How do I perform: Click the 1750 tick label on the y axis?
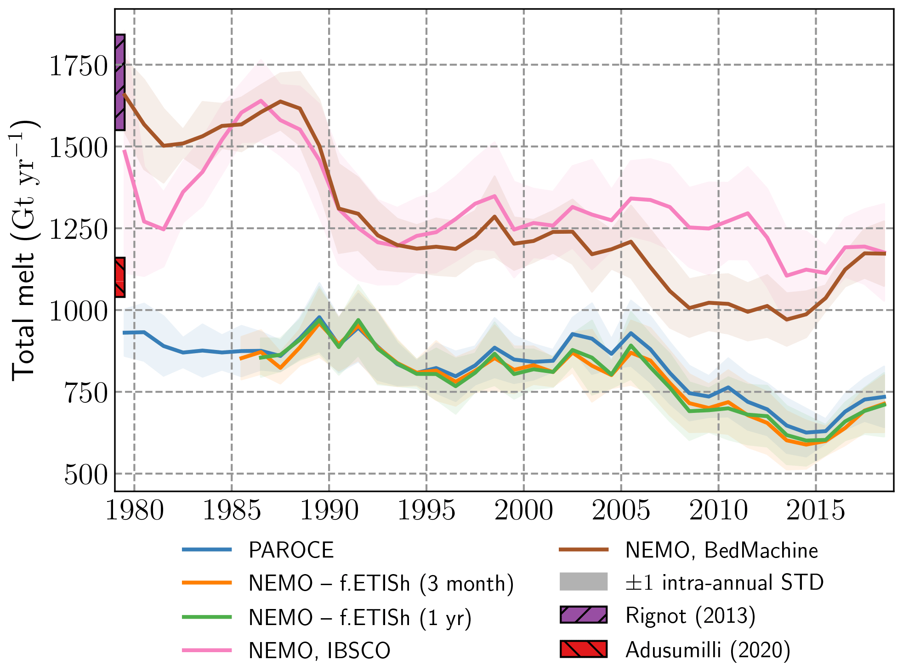pyautogui.click(x=78, y=66)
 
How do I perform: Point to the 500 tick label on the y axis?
pyautogui.click(x=86, y=475)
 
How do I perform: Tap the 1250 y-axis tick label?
pyautogui.click(x=78, y=230)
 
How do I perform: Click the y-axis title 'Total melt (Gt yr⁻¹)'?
pyautogui.click(x=24, y=250)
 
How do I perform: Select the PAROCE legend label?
pyautogui.click(x=291, y=550)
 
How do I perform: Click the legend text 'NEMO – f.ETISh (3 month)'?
pyautogui.click(x=381, y=584)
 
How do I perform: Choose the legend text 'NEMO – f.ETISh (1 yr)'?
pyautogui.click(x=360, y=618)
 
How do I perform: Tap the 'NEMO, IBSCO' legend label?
pyautogui.click(x=319, y=651)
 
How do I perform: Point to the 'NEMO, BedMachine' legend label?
pyautogui.click(x=721, y=550)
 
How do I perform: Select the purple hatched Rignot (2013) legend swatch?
pyautogui.click(x=583, y=615)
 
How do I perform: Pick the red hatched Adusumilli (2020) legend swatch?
pyautogui.click(x=583, y=649)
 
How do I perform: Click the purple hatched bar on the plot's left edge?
pyautogui.click(x=119, y=82)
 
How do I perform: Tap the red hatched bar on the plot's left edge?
pyautogui.click(x=119, y=277)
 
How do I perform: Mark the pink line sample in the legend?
pyautogui.click(x=207, y=650)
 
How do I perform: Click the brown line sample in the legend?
pyautogui.click(x=583, y=550)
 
